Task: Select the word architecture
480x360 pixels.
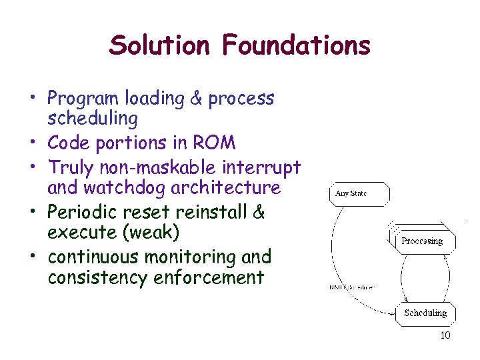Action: click(x=226, y=189)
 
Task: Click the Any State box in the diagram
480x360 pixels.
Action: click(x=359, y=194)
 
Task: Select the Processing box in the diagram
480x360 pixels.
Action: click(x=421, y=241)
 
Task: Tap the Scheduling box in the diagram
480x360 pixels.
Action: click(x=425, y=313)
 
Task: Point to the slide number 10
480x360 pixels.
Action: click(x=445, y=335)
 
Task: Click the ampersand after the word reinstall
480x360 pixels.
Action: click(x=259, y=212)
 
